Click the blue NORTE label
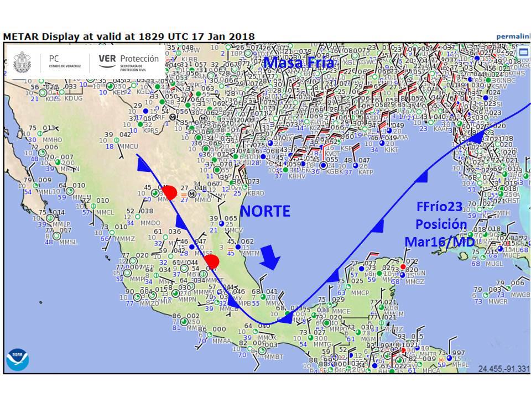click(x=265, y=211)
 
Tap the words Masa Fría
click(x=299, y=63)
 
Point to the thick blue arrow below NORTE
click(x=271, y=257)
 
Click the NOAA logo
click(x=17, y=359)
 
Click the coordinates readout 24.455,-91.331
click(x=503, y=368)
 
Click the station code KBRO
click(x=256, y=193)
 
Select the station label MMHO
click(x=53, y=140)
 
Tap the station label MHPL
click(x=460, y=365)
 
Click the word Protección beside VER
click(x=139, y=58)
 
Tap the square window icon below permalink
click(x=523, y=52)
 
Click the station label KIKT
click(x=391, y=150)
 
